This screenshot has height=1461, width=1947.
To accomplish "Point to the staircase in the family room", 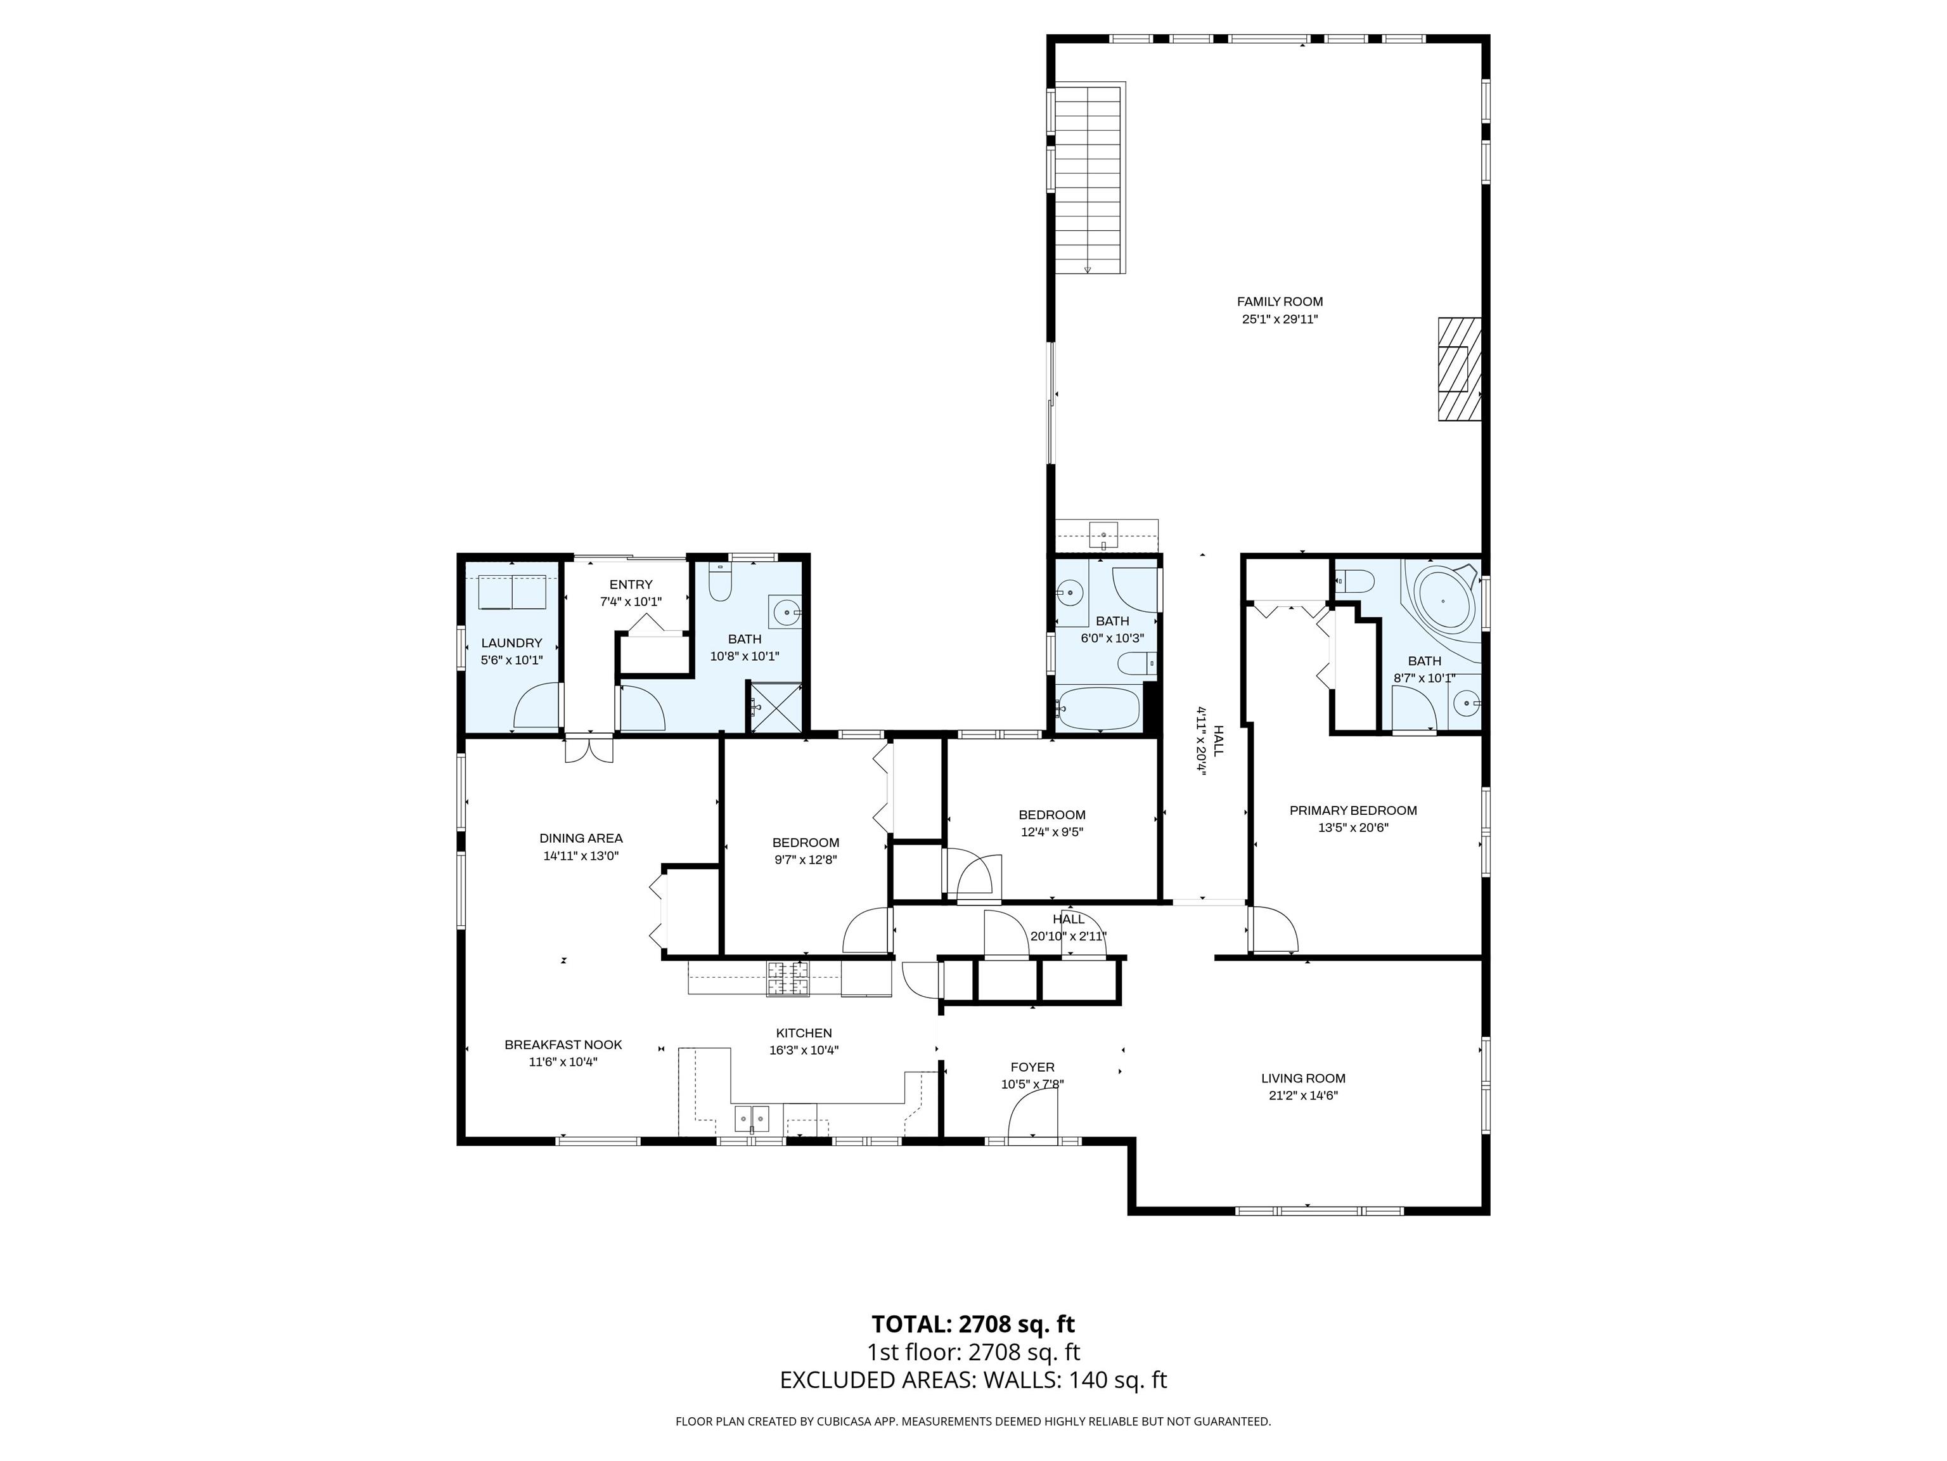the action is pyautogui.click(x=1089, y=179).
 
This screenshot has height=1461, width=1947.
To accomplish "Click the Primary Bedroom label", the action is pyautogui.click(x=1353, y=810).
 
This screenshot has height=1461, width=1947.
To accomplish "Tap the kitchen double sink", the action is pyautogui.click(x=752, y=1119).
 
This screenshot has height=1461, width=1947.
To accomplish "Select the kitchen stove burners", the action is pyautogui.click(x=788, y=978).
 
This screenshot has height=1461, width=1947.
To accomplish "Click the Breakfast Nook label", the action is pyautogui.click(x=563, y=1045).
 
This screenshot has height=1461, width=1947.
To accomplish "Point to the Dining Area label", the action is pyautogui.click(x=581, y=838).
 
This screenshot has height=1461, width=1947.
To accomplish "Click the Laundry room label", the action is pyautogui.click(x=511, y=643).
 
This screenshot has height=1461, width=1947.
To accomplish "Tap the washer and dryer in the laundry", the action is pyautogui.click(x=512, y=592).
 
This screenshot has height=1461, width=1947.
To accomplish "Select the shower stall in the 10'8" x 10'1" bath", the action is pyautogui.click(x=774, y=706).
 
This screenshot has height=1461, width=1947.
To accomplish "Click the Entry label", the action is pyautogui.click(x=631, y=585).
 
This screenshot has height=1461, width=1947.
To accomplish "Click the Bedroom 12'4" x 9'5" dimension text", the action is pyautogui.click(x=1052, y=831).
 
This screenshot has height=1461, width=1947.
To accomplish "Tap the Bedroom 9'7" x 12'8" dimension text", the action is pyautogui.click(x=806, y=859).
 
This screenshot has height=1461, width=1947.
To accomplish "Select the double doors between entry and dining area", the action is pyautogui.click(x=589, y=748).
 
